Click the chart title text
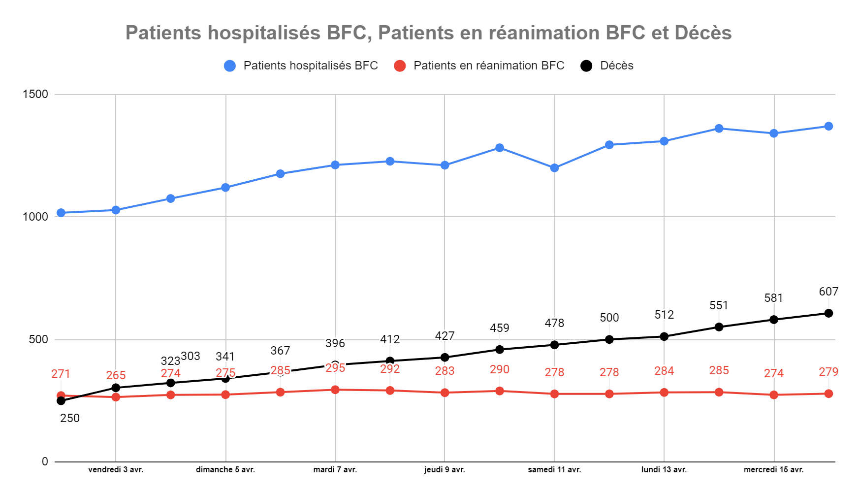tap(428, 33)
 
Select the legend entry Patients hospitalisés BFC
tap(310, 66)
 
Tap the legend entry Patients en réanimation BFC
tap(488, 66)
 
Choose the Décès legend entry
tap(616, 66)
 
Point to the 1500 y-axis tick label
tap(35, 94)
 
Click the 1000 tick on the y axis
tap(35, 217)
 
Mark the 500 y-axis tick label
tap(38, 339)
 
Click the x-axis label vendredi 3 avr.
tap(116, 470)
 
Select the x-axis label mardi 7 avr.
tap(335, 470)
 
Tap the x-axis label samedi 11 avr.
tap(554, 470)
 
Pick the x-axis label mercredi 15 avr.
tap(773, 470)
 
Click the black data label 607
tap(828, 292)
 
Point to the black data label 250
tap(70, 418)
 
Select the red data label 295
tap(335, 368)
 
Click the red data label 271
tap(61, 374)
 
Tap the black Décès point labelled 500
tap(609, 339)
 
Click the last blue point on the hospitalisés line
tap(828, 126)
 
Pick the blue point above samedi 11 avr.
tap(554, 168)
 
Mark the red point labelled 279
tap(828, 394)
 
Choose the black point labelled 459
tap(500, 350)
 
